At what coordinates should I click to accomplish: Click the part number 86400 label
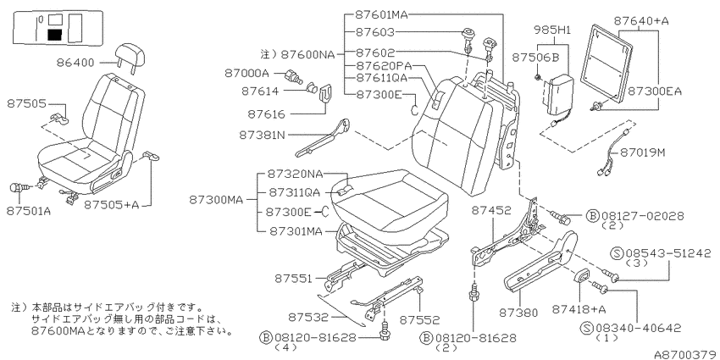(x=75, y=63)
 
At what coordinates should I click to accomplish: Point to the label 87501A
(x=29, y=211)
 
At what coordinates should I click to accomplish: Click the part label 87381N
(x=262, y=135)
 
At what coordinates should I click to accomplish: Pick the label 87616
(x=266, y=114)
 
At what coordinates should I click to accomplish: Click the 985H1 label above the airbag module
(x=552, y=30)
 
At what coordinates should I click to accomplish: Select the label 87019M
(x=643, y=152)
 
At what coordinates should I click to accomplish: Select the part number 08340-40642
(x=639, y=328)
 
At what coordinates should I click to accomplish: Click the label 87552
(x=419, y=319)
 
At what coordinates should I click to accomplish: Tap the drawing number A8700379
(x=686, y=354)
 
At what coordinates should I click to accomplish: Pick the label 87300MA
(x=217, y=200)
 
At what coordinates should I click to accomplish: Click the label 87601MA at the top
(x=381, y=14)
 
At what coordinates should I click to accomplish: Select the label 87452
(x=491, y=211)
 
